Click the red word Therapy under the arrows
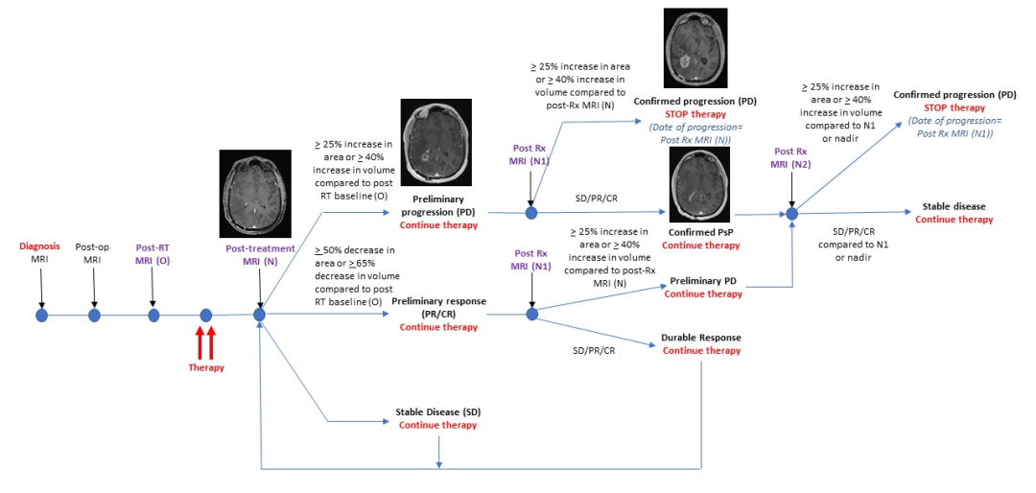coord(205,367)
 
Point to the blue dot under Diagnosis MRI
coord(41,316)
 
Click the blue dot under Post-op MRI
coord(94,316)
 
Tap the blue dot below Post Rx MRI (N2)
coord(792,214)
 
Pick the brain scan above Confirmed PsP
coord(699,184)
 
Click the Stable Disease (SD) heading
coord(437,412)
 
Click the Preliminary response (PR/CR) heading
coord(438,307)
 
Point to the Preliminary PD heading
coord(702,282)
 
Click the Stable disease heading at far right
coord(954,207)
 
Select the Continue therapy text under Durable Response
coord(701,351)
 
